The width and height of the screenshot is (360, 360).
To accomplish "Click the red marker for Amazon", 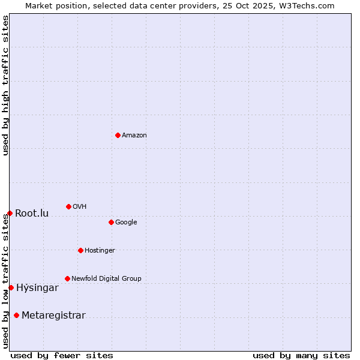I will (x=118, y=135).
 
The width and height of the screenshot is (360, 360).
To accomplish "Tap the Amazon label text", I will (x=134, y=136).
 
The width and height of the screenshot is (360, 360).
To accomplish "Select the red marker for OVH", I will (x=68, y=206).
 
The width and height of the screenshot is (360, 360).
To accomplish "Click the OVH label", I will (x=80, y=207).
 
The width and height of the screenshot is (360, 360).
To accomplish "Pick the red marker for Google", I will (x=111, y=222).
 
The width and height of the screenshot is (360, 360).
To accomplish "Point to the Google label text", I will (x=126, y=223).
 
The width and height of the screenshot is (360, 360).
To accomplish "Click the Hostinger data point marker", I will (x=80, y=250).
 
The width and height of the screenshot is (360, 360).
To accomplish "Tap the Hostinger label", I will (x=100, y=251).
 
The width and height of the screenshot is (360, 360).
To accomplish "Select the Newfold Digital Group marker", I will (x=67, y=278).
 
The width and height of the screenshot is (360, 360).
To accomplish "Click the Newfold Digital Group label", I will (x=106, y=279).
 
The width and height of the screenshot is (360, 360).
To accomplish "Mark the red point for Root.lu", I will (x=10, y=213).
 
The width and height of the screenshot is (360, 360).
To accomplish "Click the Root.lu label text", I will (x=32, y=214).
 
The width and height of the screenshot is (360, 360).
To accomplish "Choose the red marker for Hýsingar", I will (x=11, y=287).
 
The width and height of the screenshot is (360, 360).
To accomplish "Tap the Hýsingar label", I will (x=37, y=288).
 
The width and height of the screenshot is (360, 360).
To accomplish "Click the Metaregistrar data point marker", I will (x=16, y=315).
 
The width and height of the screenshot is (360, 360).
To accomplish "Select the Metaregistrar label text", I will (x=53, y=316).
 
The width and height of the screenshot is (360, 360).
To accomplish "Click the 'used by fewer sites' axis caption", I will (x=62, y=356).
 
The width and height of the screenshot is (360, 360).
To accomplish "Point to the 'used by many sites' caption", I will (x=301, y=356).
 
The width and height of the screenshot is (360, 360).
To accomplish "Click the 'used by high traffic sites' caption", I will (x=5, y=85).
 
